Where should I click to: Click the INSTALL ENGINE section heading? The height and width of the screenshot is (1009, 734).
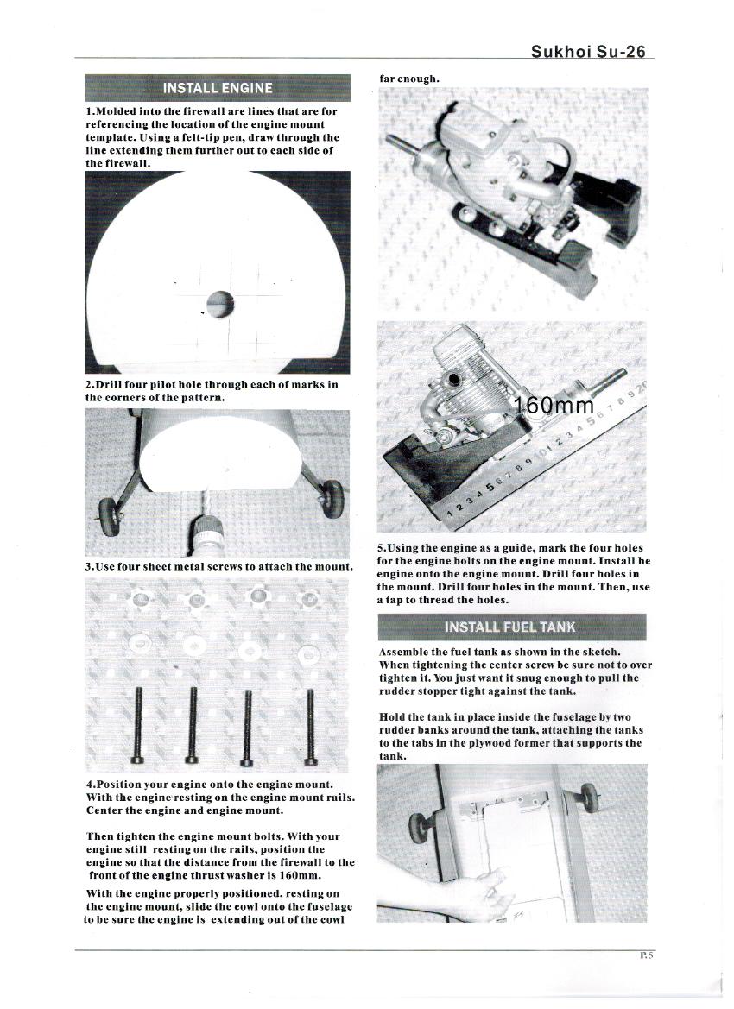218,88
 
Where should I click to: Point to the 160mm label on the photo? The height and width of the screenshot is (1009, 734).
554,406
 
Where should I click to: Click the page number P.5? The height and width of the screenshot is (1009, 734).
647,955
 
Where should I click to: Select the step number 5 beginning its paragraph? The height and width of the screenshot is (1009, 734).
382,548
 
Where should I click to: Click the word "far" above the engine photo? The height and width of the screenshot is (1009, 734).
389,79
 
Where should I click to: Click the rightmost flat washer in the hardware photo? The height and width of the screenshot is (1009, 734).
308,653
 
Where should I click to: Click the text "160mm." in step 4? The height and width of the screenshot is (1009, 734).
295,875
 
